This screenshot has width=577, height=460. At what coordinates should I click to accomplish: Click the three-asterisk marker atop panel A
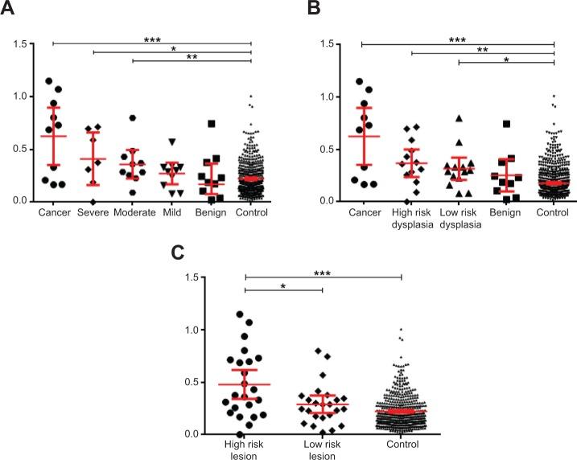click(151, 37)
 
